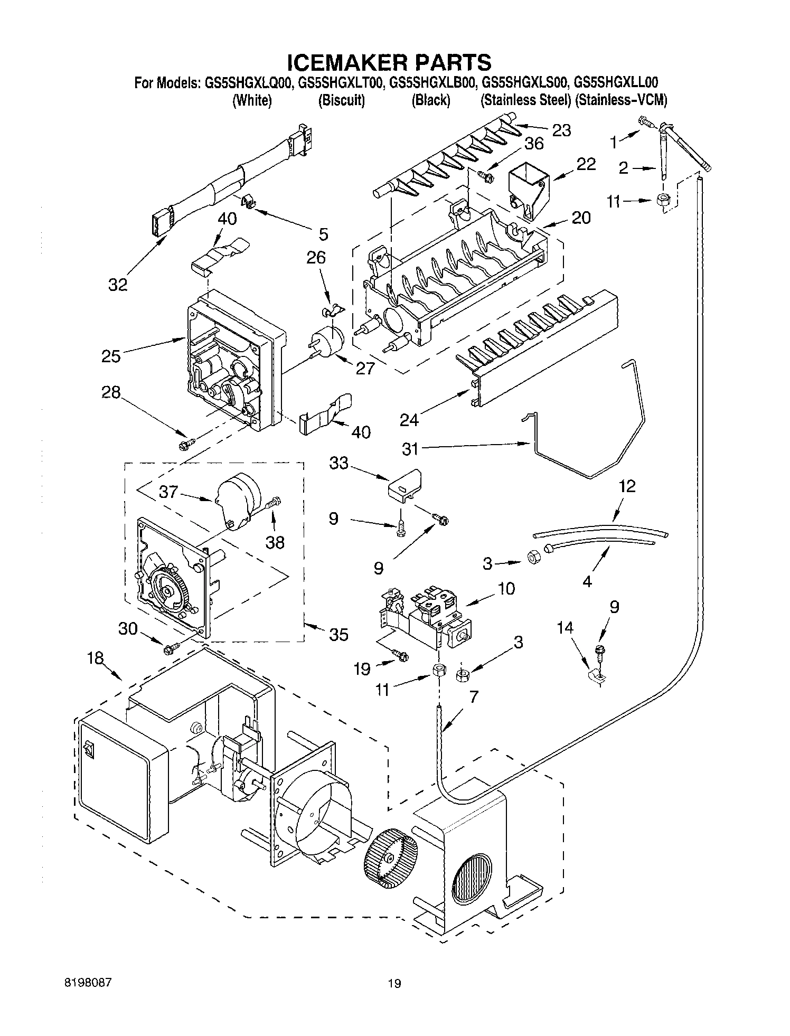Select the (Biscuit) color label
(341, 100)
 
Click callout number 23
(561, 130)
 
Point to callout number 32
(118, 285)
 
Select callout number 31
(410, 449)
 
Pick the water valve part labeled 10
(428, 615)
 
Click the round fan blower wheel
(390, 858)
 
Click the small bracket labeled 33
(403, 484)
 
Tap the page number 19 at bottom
(394, 983)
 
